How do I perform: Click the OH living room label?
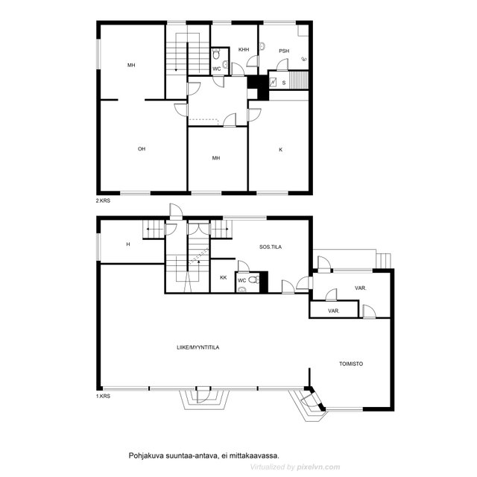pyautogui.click(x=142, y=149)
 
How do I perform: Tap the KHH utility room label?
pyautogui.click(x=244, y=49)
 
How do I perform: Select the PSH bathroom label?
pyautogui.click(x=284, y=51)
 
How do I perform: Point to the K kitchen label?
pyautogui.click(x=280, y=149)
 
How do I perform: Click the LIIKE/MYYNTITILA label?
pyautogui.click(x=198, y=347)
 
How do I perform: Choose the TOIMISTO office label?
pyautogui.click(x=351, y=364)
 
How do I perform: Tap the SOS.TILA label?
pyautogui.click(x=271, y=247)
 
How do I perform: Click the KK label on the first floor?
pyautogui.click(x=224, y=277)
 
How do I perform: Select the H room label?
pyautogui.click(x=128, y=244)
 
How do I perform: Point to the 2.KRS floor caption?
pyautogui.click(x=103, y=200)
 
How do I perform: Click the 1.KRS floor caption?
pyautogui.click(x=103, y=396)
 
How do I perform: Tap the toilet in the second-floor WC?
pyautogui.click(x=216, y=54)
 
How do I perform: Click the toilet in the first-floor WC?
pyautogui.click(x=254, y=279)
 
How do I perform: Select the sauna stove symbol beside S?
pyautogui.click(x=273, y=82)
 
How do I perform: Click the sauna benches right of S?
pyautogui.click(x=298, y=80)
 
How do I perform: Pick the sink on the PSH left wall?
pyautogui.click(x=262, y=46)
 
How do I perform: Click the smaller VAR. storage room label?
pyautogui.click(x=334, y=311)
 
